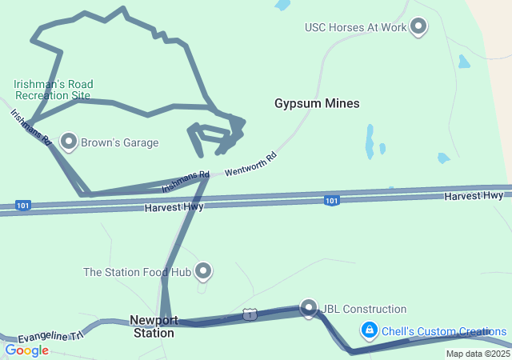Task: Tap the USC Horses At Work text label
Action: (356, 27)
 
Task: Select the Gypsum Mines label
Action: (317, 103)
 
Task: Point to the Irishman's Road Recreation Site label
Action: (53, 90)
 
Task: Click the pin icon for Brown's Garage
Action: (69, 142)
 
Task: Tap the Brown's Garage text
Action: (119, 143)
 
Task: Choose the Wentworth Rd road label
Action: (250, 165)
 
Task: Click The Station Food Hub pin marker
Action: (204, 271)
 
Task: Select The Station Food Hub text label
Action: (137, 272)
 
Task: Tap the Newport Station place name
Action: (154, 326)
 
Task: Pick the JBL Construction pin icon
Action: (309, 307)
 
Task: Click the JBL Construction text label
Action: (364, 310)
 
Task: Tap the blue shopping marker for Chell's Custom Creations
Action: (369, 329)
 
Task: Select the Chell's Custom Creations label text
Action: (443, 331)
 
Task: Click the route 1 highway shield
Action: (250, 315)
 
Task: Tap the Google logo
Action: (26, 350)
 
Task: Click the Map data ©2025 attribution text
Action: (478, 354)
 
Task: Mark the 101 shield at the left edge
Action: (23, 206)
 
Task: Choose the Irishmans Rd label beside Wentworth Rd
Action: (186, 181)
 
